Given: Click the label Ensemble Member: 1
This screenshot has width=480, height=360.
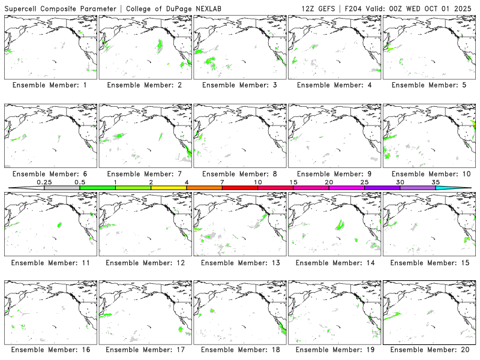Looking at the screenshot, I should tap(50, 85).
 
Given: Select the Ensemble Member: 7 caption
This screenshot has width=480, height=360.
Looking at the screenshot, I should tap(145, 174).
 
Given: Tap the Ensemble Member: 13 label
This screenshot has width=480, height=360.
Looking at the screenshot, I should tap(239, 263).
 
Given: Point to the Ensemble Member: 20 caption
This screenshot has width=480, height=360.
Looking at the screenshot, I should tap(429, 350).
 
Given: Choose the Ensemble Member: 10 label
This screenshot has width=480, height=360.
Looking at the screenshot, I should tap(429, 174).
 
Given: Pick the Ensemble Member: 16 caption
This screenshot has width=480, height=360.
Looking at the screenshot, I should tap(50, 350).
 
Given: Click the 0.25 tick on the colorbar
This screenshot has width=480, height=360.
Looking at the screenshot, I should tap(44, 182).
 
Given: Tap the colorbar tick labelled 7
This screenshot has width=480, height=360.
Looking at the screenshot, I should tap(222, 182).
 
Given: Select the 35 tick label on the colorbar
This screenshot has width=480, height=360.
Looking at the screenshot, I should tap(436, 182).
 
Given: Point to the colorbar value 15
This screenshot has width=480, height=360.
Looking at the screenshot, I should tap(293, 182).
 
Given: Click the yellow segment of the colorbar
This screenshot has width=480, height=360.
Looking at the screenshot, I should tap(169, 188).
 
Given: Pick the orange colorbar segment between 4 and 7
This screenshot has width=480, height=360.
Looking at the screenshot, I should tap(204, 188).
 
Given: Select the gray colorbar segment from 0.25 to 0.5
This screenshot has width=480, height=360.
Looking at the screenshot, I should tap(62, 188).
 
